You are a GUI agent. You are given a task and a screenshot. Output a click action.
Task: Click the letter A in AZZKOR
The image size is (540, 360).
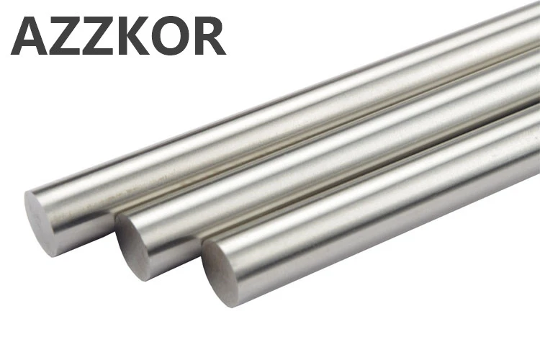31,36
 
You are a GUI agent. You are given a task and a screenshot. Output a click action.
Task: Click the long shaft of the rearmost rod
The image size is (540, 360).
288,122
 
